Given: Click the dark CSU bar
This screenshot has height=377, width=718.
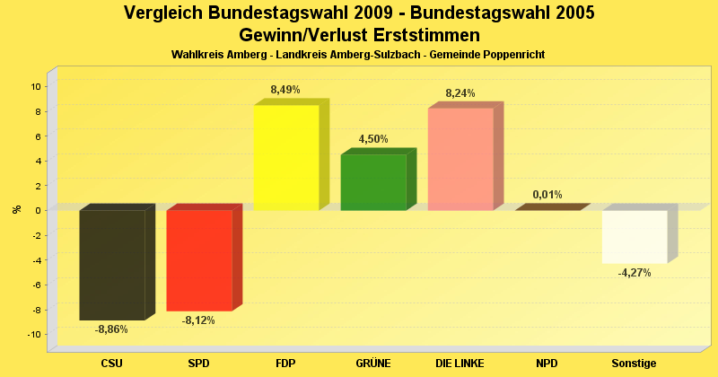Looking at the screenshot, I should coord(112,265).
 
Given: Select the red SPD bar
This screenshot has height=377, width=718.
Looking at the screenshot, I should coord(199,260).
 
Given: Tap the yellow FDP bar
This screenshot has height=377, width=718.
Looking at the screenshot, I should coord(286,158).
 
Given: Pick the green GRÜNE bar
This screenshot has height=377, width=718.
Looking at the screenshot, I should coord(373,182).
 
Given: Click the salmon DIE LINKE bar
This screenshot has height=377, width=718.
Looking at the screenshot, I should coord(460,160).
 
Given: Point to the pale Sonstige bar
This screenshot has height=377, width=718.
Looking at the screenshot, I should coord(635,237).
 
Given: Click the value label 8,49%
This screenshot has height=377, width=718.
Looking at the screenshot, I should coord(285,90).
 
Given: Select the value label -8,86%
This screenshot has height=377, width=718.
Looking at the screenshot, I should coord(111,329).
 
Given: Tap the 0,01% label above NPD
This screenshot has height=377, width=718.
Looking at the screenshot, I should coord(547,194).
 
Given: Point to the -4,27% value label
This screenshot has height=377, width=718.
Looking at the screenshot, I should coord(635,273).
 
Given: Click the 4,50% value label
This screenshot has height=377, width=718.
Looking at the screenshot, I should coord(373,139).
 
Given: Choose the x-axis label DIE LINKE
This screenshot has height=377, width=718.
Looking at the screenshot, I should coord(460,364).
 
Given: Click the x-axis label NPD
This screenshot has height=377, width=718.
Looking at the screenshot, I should coord(547,364).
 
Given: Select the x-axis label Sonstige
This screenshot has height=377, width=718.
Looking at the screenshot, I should coord(635,364).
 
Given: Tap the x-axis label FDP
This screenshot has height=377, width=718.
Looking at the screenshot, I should coord(285,364).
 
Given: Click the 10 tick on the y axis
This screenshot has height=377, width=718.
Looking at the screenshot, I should coord(36,86).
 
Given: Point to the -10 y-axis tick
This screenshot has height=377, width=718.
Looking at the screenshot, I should coord(34,334).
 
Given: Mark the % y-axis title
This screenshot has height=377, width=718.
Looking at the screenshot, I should coord(16,209).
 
